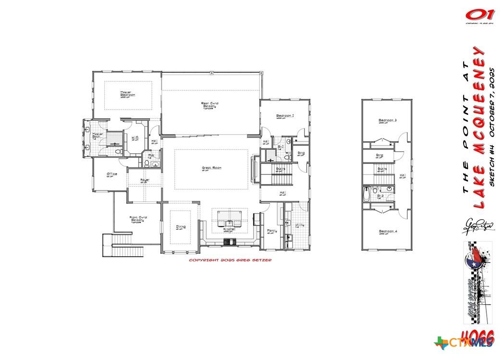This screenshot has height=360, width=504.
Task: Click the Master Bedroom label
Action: [127, 94]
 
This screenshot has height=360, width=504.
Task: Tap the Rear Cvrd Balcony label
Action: [208, 105]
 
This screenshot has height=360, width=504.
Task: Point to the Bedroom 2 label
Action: [285, 116]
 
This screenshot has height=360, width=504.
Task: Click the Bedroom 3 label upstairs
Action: [387, 120]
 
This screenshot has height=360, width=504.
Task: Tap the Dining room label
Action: [181, 227]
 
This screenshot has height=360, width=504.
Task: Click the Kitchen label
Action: [230, 230]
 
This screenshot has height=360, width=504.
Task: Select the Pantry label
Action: [271, 231]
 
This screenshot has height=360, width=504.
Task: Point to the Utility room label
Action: [299, 225]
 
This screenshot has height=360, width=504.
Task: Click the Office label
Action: [112, 174]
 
